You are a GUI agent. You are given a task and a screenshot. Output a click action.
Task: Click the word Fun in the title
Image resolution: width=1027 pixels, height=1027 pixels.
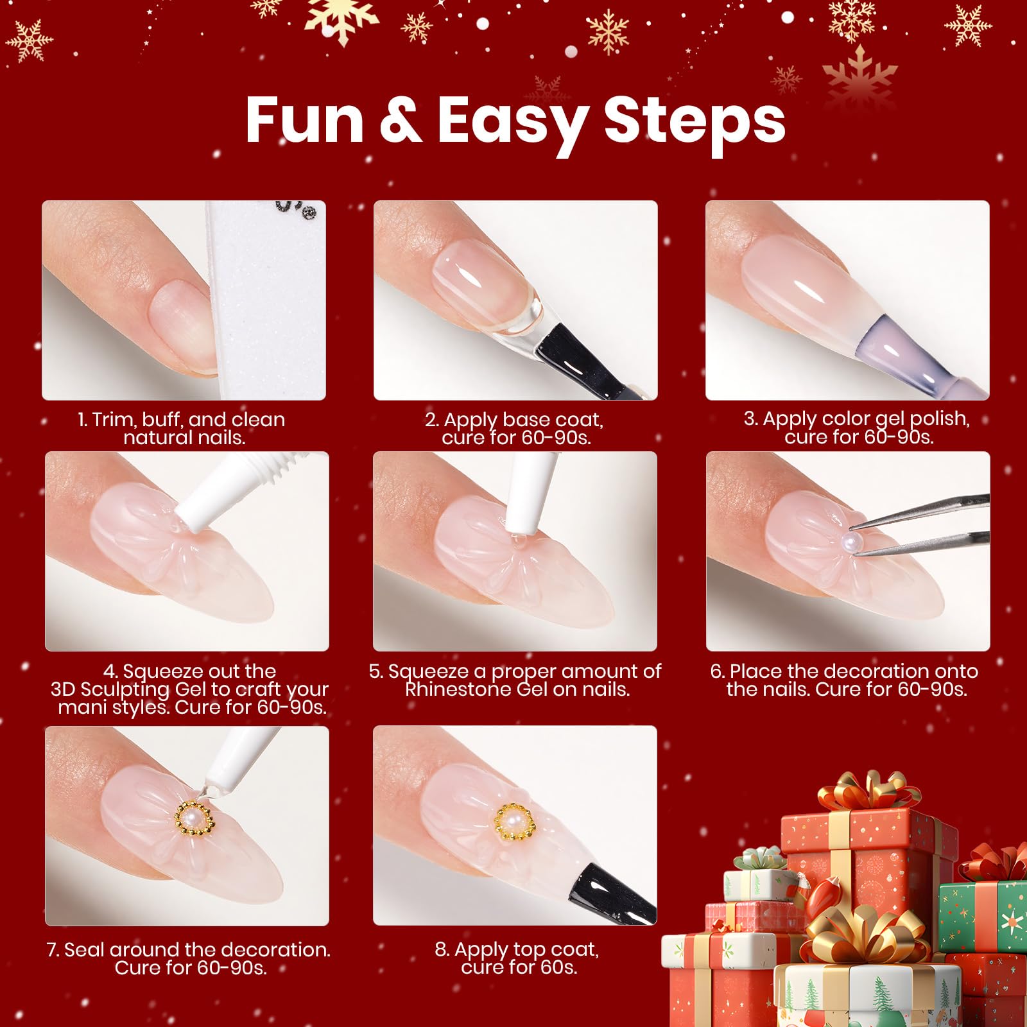coord(304,120)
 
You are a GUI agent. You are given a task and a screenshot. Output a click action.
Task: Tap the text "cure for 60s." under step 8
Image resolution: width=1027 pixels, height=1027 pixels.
coord(519,967)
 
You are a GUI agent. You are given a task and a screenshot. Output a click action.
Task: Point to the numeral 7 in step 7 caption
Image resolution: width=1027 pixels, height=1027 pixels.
coord(52,950)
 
